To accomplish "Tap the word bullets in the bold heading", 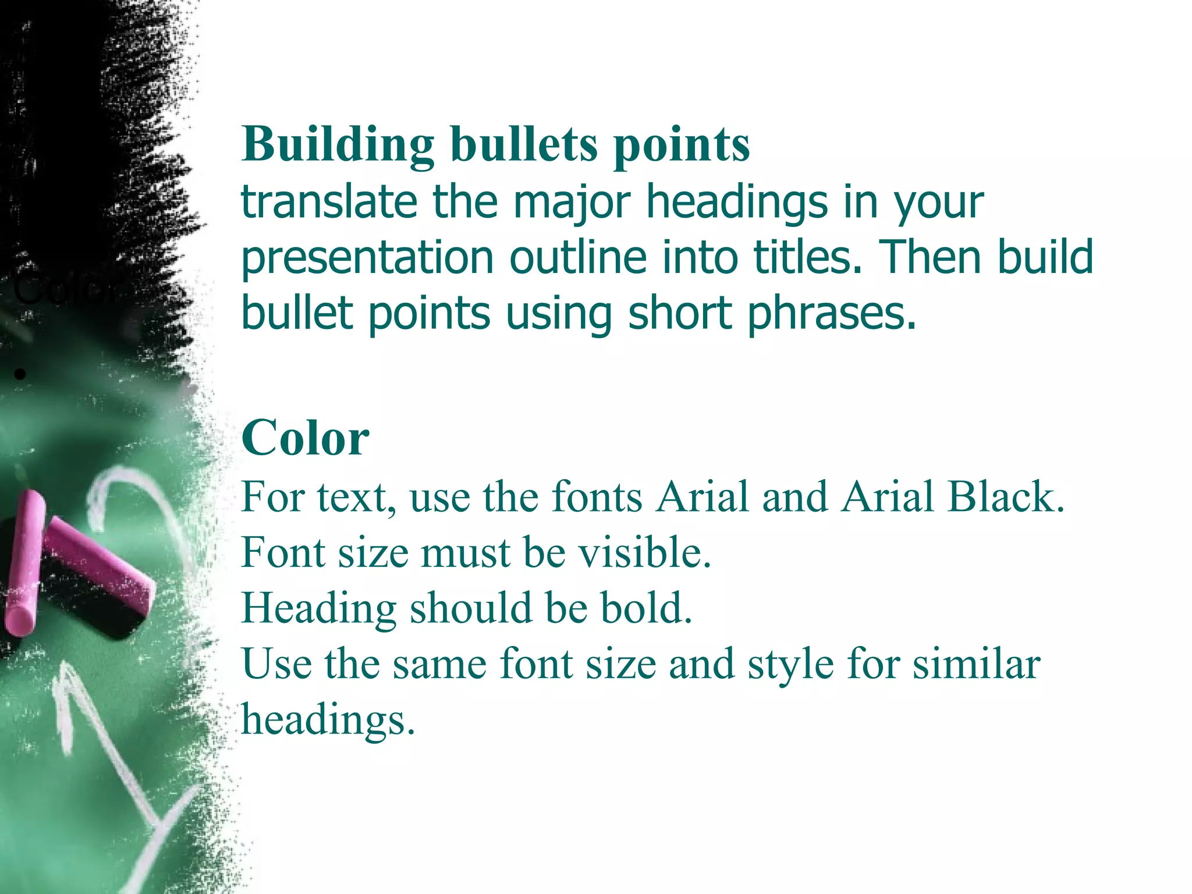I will tap(524, 144).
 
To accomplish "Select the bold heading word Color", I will tap(305, 438).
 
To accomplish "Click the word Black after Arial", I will tap(1006, 497).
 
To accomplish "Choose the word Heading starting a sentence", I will tap(318, 609).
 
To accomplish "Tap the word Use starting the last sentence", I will tap(276, 664).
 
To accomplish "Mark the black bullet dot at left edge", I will tap(20, 374).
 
